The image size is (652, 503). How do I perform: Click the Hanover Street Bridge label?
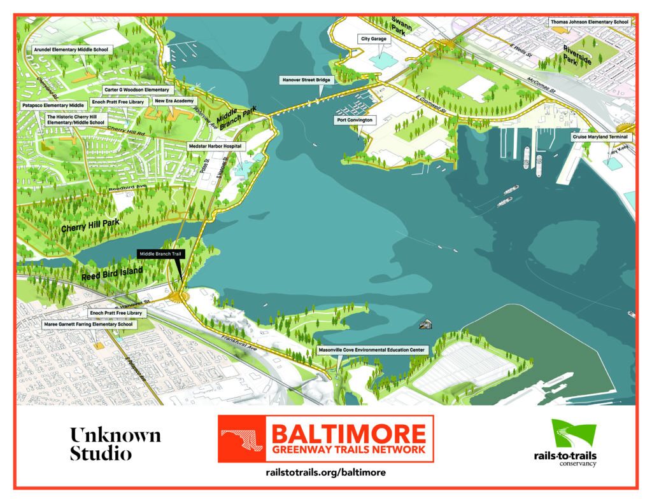tap(307, 80)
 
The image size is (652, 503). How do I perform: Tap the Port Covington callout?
tap(356, 120)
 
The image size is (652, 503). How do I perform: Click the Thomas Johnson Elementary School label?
tap(589, 22)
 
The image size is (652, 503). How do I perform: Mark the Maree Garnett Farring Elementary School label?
tap(88, 324)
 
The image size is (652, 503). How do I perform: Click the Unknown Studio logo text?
tap(115, 444)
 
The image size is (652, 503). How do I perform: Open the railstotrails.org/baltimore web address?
tap(325, 473)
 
